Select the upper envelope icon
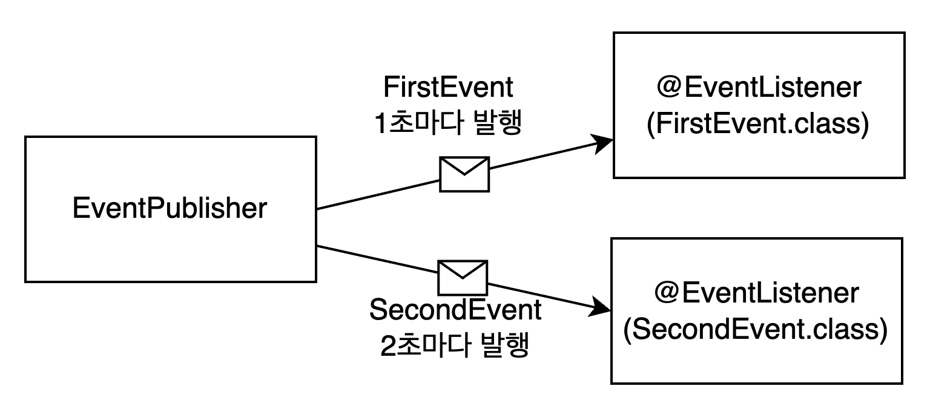(x=464, y=174)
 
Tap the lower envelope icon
(x=463, y=278)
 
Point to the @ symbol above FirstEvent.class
(x=670, y=88)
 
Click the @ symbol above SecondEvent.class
(x=667, y=293)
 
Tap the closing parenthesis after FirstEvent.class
(x=865, y=125)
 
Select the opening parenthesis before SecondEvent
(x=628, y=330)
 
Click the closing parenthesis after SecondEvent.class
(x=883, y=330)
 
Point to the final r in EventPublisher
(x=263, y=209)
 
